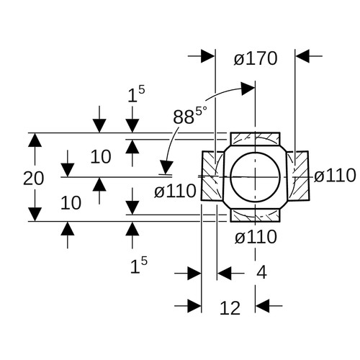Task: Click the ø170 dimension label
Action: click(x=256, y=58)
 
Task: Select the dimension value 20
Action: click(x=33, y=179)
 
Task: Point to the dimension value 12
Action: click(x=230, y=308)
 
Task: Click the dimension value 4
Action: click(x=261, y=273)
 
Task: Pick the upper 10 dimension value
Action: click(x=101, y=157)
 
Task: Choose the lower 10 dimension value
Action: click(x=71, y=203)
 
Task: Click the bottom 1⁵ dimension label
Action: click(x=139, y=265)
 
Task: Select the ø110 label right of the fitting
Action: click(x=335, y=175)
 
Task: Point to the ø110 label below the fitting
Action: click(x=256, y=237)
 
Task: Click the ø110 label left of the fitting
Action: click(x=175, y=192)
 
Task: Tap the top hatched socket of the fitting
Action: click(x=255, y=139)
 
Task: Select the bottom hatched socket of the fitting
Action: click(x=255, y=215)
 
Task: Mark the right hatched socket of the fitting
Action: click(x=297, y=176)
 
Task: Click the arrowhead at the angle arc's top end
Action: click(x=248, y=89)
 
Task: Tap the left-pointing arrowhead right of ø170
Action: click(x=302, y=56)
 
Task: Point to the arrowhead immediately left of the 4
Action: click(x=224, y=273)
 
